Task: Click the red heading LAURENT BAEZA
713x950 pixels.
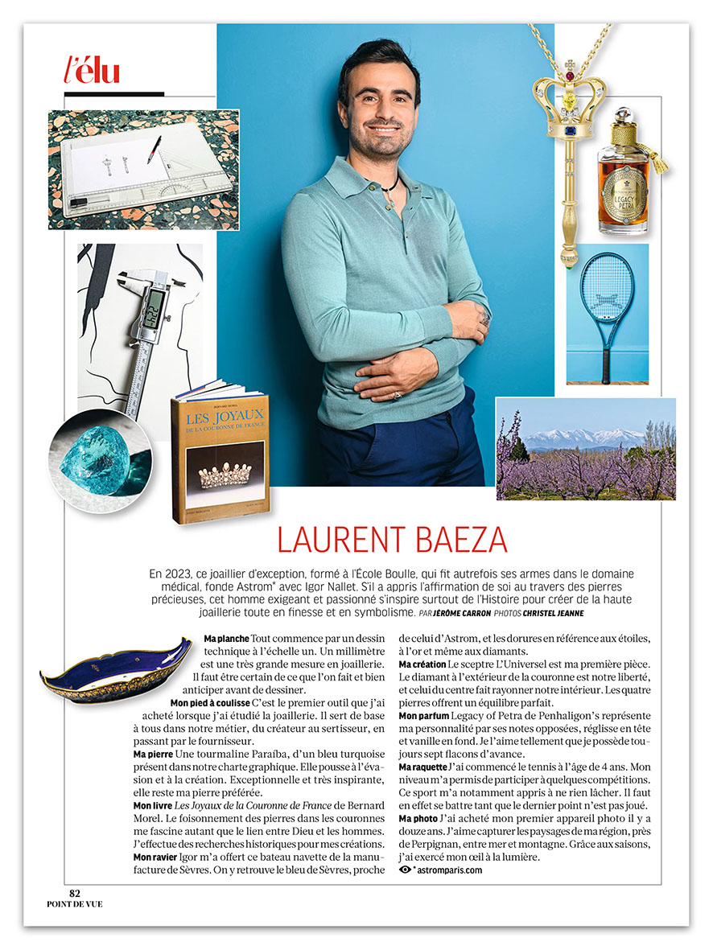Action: coord(392,539)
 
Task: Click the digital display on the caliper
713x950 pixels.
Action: coord(154,305)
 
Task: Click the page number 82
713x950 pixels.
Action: coord(75,893)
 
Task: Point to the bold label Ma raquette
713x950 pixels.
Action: coord(422,767)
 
